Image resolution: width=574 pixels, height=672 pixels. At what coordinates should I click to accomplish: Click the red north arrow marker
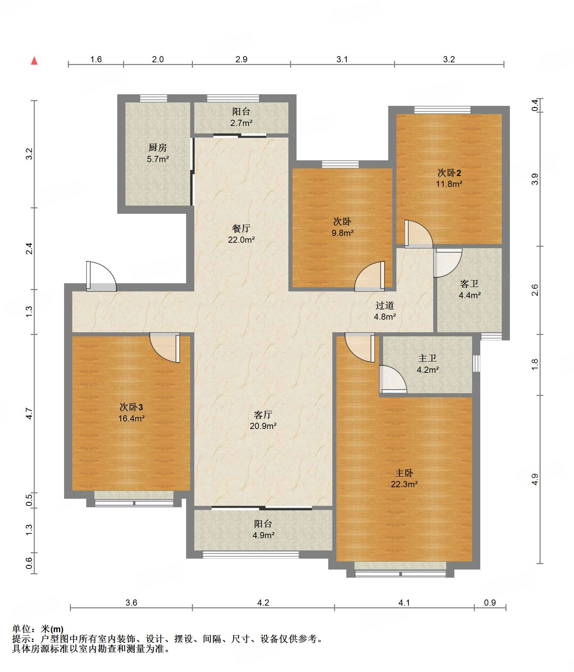[34, 61]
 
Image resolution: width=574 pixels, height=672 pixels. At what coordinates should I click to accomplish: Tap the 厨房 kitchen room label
[158, 147]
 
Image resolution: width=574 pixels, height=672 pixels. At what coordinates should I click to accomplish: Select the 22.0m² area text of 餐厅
[241, 240]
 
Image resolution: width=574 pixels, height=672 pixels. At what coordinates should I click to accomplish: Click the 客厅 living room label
[263, 414]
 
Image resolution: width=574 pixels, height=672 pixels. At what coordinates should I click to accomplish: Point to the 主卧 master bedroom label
[404, 473]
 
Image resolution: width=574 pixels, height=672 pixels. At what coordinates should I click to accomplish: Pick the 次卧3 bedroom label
[131, 407]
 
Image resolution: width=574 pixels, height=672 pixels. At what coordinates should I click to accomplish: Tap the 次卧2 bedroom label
[449, 173]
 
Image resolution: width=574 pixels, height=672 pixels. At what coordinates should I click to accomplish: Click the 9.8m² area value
[343, 233]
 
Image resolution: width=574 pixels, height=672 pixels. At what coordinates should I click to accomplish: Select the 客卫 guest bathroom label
[469, 284]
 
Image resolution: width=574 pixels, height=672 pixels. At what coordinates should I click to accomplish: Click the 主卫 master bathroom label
[427, 358]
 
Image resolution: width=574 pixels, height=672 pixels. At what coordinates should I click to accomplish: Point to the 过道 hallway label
[385, 305]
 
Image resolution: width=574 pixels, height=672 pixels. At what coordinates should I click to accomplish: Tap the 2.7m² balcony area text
[241, 123]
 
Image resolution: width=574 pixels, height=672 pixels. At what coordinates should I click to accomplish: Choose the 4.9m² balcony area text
[263, 535]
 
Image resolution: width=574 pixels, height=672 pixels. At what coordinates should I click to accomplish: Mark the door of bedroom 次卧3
[165, 348]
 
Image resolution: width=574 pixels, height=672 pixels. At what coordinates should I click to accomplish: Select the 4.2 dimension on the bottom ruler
[263, 603]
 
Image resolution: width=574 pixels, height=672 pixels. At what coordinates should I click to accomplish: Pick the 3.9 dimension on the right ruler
[535, 179]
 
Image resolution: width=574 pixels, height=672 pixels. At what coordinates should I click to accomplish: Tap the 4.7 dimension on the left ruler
[29, 414]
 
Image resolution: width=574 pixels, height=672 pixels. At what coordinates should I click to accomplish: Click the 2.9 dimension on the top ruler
[241, 59]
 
